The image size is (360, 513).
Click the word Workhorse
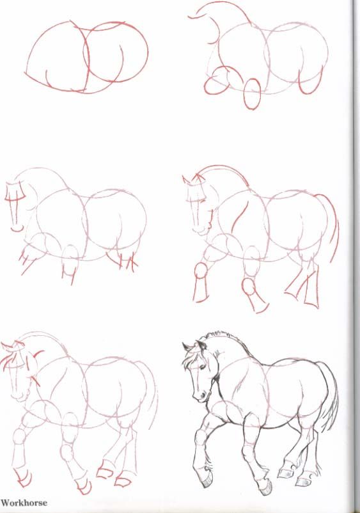(x=24, y=503)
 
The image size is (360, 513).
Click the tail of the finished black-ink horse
(x=330, y=397)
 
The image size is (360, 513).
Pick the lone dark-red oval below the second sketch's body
(x=253, y=93)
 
